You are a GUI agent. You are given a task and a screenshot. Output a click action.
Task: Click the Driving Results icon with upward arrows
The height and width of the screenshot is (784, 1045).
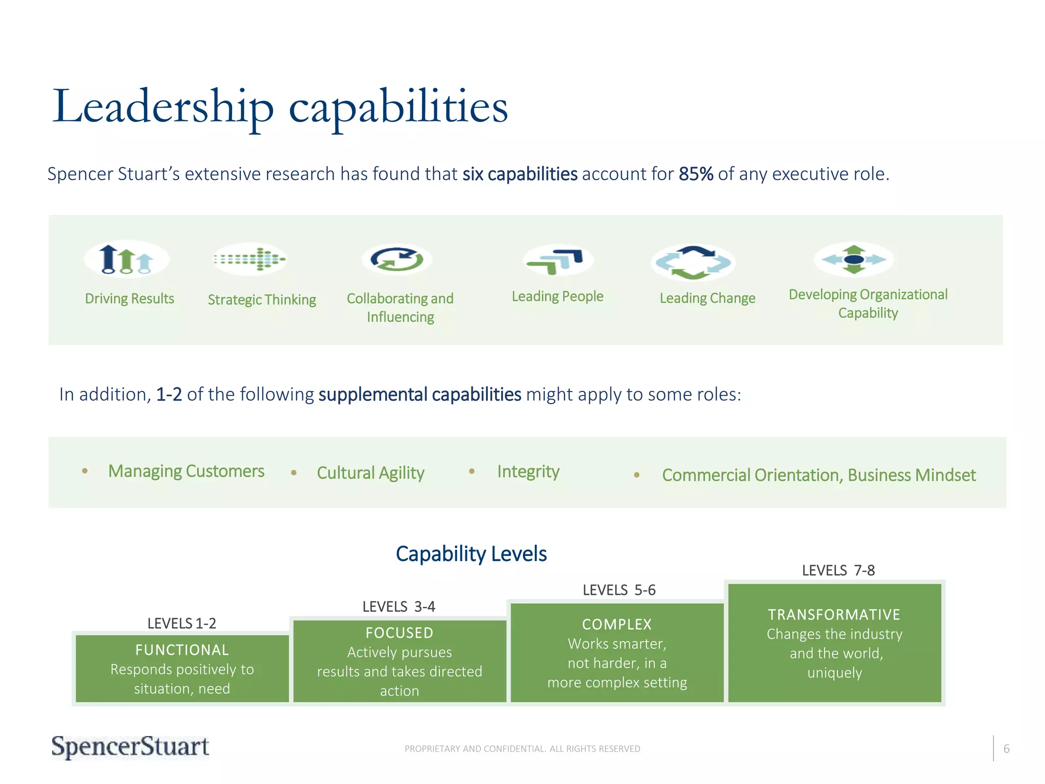pos(127,259)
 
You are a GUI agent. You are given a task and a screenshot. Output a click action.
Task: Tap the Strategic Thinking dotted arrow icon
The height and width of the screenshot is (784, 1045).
pos(250,259)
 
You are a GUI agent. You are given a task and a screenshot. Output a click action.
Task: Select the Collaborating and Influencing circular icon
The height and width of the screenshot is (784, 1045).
pos(397,259)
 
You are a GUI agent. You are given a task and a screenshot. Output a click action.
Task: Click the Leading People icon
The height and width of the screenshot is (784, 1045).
pos(558,260)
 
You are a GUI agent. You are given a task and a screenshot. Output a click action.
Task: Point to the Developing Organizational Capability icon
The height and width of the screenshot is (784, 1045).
pos(854,259)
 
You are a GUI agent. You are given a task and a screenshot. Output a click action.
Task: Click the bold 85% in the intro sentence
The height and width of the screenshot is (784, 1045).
pos(695,174)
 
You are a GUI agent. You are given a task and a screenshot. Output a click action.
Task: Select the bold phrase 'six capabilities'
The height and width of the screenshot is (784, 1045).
pos(519,174)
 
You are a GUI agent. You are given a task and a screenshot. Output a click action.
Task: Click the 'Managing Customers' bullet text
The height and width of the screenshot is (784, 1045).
pos(186,471)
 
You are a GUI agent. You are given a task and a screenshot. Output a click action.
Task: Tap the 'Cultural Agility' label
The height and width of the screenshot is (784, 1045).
pos(370,473)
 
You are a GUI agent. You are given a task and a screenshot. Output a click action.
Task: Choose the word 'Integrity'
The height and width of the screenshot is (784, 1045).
pos(528,472)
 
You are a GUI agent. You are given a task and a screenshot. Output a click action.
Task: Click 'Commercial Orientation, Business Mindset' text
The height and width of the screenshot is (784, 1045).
pos(818,475)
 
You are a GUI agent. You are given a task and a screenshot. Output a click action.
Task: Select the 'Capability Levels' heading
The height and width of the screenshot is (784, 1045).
pos(471,554)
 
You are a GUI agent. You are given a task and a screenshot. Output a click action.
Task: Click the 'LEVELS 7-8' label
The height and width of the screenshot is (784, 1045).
pos(838,570)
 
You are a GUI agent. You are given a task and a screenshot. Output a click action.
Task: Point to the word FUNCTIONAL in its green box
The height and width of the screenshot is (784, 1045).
pos(182,650)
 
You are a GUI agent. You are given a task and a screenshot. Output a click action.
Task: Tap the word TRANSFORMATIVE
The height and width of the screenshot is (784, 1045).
pos(834,615)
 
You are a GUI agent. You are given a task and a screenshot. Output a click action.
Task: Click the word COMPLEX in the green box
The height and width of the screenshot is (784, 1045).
pos(617,624)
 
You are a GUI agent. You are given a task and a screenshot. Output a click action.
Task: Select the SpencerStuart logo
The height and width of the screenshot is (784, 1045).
pos(130,747)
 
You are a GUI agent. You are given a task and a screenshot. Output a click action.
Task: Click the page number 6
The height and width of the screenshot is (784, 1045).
pos(1006,749)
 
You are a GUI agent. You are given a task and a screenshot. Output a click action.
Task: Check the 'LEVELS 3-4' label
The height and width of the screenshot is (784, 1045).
pos(399,606)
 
